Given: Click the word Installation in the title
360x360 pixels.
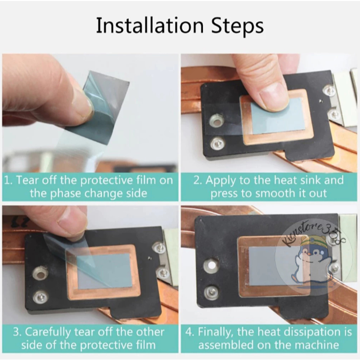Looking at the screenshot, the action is point(150,25).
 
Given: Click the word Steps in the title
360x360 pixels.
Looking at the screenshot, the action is point(237,26).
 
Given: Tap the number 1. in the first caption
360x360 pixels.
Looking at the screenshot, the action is point(8,180).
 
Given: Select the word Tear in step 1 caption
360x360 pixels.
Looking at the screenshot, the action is point(25,180).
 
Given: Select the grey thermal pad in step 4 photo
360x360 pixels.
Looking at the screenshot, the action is point(275,266).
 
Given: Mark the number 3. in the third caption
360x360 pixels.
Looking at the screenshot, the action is point(17,333).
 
